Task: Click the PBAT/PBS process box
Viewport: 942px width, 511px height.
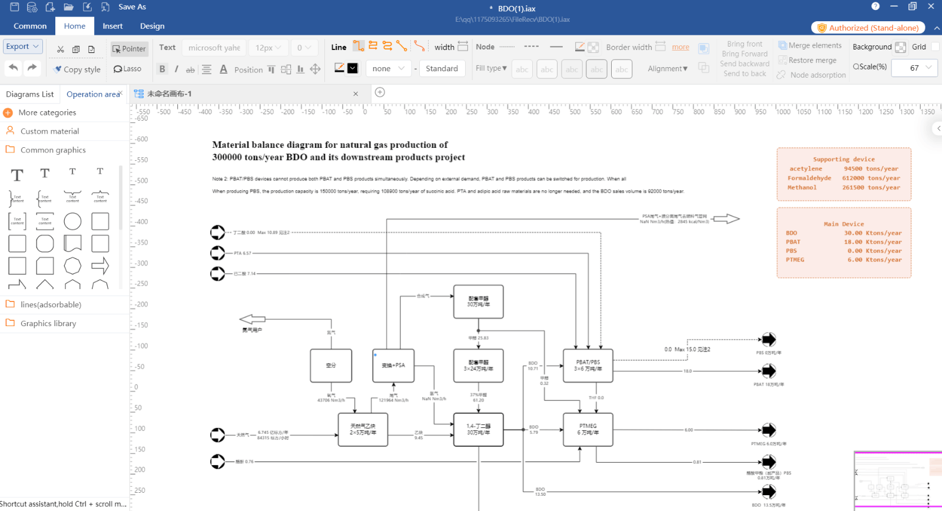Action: coord(588,366)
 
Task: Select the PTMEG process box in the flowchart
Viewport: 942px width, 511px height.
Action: coord(588,429)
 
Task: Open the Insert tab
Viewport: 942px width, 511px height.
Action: coord(112,26)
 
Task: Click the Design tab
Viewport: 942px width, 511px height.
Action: coord(152,26)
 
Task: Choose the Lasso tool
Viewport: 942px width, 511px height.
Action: coord(127,69)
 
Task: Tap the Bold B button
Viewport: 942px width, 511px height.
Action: coord(162,69)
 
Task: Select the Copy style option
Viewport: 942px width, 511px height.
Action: coord(77,69)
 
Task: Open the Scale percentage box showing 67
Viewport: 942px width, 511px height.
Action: coord(914,68)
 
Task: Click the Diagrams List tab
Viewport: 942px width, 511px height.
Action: coord(29,94)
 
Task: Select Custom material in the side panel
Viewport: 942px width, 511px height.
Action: coord(49,131)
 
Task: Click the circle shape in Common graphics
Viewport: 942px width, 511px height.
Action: coord(72,221)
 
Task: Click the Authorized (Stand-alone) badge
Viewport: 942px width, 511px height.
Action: coord(868,28)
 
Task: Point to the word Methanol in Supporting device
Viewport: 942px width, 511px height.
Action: coord(802,188)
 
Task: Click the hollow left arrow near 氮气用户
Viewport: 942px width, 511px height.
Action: coord(253,319)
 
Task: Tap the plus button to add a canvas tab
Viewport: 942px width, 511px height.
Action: coord(380,92)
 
